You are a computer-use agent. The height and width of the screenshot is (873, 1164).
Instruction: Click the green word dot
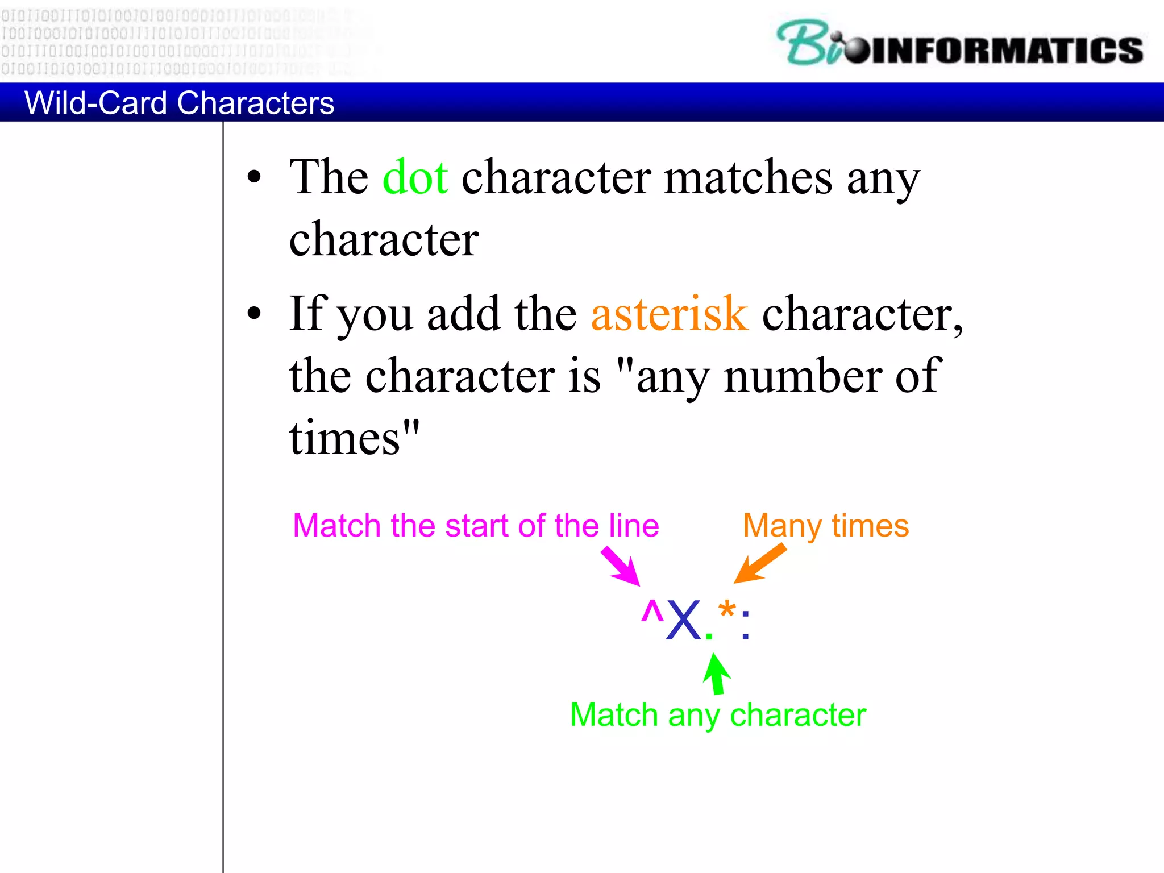click(x=415, y=177)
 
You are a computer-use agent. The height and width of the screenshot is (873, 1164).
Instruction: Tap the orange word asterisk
click(x=669, y=314)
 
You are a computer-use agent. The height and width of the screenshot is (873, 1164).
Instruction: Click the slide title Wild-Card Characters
click(x=179, y=103)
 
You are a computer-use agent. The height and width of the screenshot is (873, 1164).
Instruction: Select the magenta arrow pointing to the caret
click(x=621, y=566)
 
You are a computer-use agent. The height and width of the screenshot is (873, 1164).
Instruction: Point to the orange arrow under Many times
click(x=760, y=563)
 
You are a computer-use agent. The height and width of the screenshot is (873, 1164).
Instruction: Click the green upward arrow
click(x=716, y=674)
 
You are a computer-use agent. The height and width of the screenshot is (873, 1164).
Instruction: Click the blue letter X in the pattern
click(x=683, y=621)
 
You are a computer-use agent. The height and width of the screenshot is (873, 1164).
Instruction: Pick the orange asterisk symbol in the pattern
click(x=726, y=613)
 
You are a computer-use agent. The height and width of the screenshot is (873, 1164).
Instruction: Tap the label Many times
click(x=825, y=526)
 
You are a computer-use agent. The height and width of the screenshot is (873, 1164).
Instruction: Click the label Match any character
click(x=717, y=715)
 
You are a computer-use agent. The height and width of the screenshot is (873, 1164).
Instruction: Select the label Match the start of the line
click(x=475, y=526)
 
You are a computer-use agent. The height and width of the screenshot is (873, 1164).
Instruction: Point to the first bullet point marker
click(x=254, y=177)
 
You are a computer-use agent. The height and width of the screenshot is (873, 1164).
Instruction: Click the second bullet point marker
click(x=254, y=313)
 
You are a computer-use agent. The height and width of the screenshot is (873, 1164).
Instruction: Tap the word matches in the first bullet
click(x=748, y=177)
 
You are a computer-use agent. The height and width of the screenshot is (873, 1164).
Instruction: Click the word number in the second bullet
click(x=803, y=376)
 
